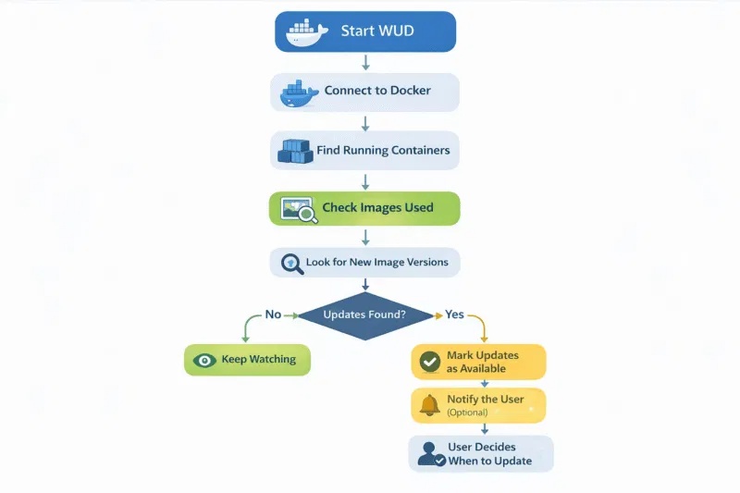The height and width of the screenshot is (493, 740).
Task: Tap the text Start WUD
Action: [377, 31]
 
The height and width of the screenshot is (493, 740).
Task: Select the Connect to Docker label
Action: [377, 92]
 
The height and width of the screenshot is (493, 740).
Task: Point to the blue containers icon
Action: [295, 150]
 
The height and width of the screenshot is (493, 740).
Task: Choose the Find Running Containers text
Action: [383, 150]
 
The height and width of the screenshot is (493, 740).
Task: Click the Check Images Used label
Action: [377, 208]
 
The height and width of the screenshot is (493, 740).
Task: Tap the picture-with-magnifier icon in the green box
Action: [299, 209]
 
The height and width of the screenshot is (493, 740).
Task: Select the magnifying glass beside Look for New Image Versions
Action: [291, 263]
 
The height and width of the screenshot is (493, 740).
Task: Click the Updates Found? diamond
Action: [364, 314]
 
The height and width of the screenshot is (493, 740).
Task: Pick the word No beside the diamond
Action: [273, 314]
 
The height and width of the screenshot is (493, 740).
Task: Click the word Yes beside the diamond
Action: [454, 314]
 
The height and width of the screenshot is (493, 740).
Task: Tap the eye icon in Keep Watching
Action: [204, 360]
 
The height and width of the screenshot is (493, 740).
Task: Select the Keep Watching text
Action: [259, 360]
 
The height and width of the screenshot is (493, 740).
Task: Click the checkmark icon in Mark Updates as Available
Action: [429, 362]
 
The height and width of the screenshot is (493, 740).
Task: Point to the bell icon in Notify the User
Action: [429, 405]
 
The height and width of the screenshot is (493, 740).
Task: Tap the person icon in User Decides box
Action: [429, 454]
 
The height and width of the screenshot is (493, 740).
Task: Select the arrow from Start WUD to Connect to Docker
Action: [365, 62]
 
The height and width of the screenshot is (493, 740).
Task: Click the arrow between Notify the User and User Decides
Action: [485, 429]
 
